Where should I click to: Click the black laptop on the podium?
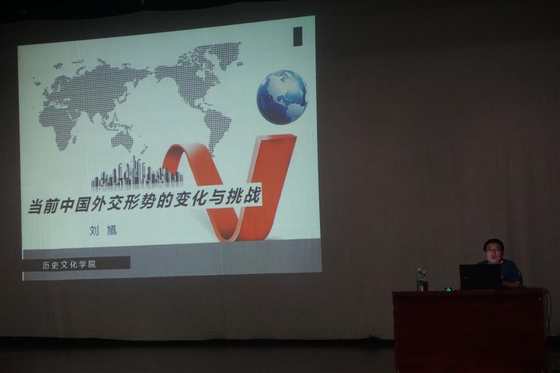click(x=480, y=277)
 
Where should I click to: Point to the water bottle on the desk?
click(x=421, y=280)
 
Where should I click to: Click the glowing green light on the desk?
click(x=447, y=288)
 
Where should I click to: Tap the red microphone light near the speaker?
click(x=502, y=262)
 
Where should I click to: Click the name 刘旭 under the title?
click(x=103, y=230)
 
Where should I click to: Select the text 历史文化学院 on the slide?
click(x=69, y=265)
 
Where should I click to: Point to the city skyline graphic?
click(x=137, y=173)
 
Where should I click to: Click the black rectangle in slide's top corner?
click(x=297, y=37)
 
